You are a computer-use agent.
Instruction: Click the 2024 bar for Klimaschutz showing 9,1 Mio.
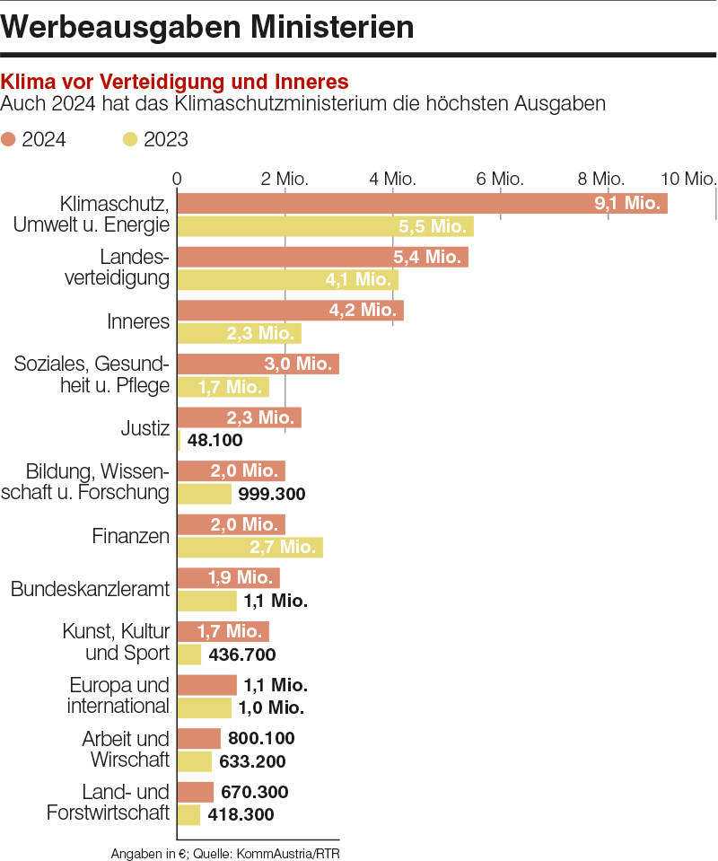pos(422,203)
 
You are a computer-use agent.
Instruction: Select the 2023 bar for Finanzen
pos(250,547)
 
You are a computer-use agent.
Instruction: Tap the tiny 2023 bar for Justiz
pos(179,440)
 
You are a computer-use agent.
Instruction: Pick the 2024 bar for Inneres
pos(290,311)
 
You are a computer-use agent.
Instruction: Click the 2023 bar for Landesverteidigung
pos(287,279)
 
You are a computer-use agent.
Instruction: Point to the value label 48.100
pos(215,441)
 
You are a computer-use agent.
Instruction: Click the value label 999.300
pos(272,494)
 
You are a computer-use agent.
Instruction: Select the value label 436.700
pos(241,655)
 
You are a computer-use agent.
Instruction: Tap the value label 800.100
pos(261,739)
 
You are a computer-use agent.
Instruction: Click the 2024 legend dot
pos(9,139)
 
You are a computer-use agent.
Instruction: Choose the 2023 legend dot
pos(130,139)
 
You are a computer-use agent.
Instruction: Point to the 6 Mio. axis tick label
pos(500,178)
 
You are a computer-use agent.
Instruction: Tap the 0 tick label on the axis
pos(178,178)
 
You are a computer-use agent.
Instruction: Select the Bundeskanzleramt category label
pos(90,590)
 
